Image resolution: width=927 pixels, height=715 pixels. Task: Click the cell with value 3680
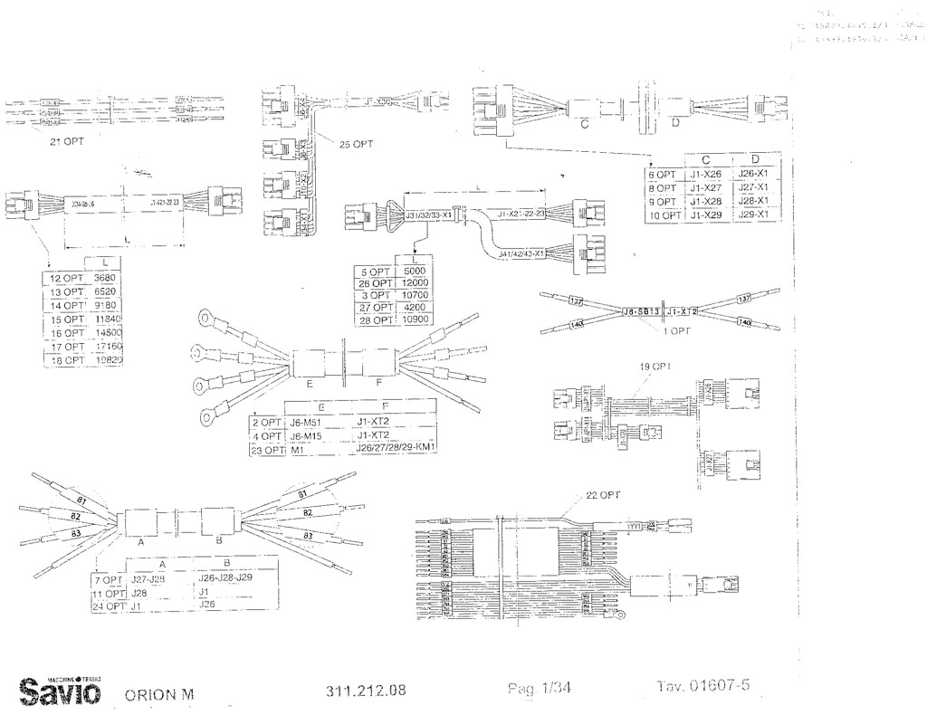click(x=106, y=278)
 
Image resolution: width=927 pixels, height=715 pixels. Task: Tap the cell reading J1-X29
click(x=705, y=215)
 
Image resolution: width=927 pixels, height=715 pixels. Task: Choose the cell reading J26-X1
click(x=752, y=174)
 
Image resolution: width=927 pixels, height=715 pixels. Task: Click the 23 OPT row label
click(x=267, y=449)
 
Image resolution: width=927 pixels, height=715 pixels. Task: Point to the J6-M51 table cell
click(x=308, y=422)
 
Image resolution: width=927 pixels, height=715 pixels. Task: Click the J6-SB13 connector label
click(x=641, y=311)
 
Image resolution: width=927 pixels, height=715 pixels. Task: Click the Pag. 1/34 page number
click(x=540, y=689)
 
